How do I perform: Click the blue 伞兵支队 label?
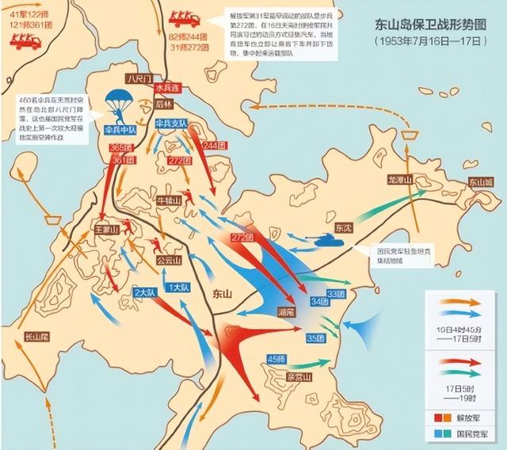click(171, 124)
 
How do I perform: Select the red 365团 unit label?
click(121, 148)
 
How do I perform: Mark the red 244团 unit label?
click(213, 145)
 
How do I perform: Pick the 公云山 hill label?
click(169, 259)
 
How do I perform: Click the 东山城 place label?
click(480, 181)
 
